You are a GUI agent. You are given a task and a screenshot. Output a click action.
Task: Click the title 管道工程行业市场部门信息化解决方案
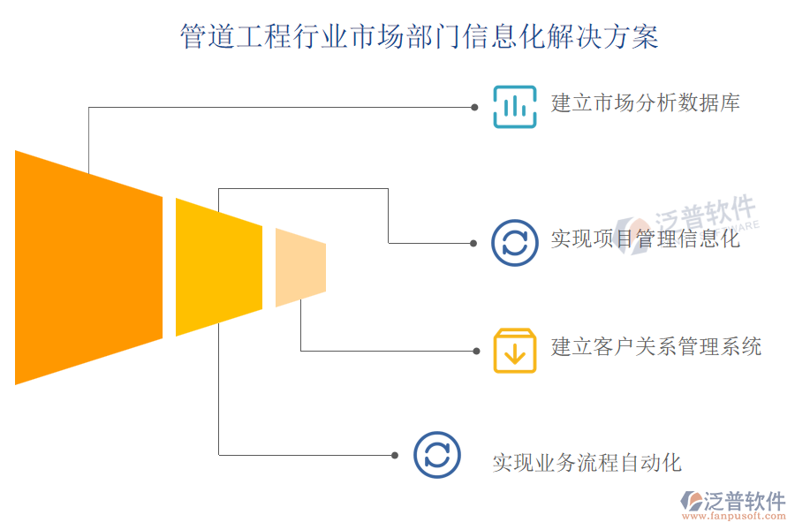click(419, 37)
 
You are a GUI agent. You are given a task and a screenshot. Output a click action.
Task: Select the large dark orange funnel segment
click(88, 268)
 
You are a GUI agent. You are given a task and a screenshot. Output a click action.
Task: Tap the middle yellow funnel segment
click(218, 267)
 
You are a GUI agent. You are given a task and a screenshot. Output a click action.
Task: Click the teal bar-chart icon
click(514, 107)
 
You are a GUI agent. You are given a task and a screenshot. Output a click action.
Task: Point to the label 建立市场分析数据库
click(645, 103)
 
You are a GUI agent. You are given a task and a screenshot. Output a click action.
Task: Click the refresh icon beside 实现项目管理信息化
click(514, 242)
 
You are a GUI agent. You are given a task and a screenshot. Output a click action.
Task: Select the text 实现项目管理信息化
click(645, 238)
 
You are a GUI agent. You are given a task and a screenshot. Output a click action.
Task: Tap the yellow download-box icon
click(514, 351)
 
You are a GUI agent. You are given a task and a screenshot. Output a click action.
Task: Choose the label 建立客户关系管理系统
click(655, 346)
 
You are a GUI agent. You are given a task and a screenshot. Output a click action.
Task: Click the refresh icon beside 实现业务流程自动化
click(436, 455)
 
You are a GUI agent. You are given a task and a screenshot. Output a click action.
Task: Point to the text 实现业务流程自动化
click(587, 462)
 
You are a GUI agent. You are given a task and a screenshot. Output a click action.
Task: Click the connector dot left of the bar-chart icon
click(474, 107)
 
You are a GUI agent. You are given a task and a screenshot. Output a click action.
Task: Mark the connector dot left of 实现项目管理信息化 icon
click(474, 242)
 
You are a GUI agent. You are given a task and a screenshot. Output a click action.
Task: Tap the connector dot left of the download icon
click(474, 351)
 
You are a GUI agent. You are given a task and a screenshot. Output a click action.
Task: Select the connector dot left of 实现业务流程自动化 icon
click(395, 455)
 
